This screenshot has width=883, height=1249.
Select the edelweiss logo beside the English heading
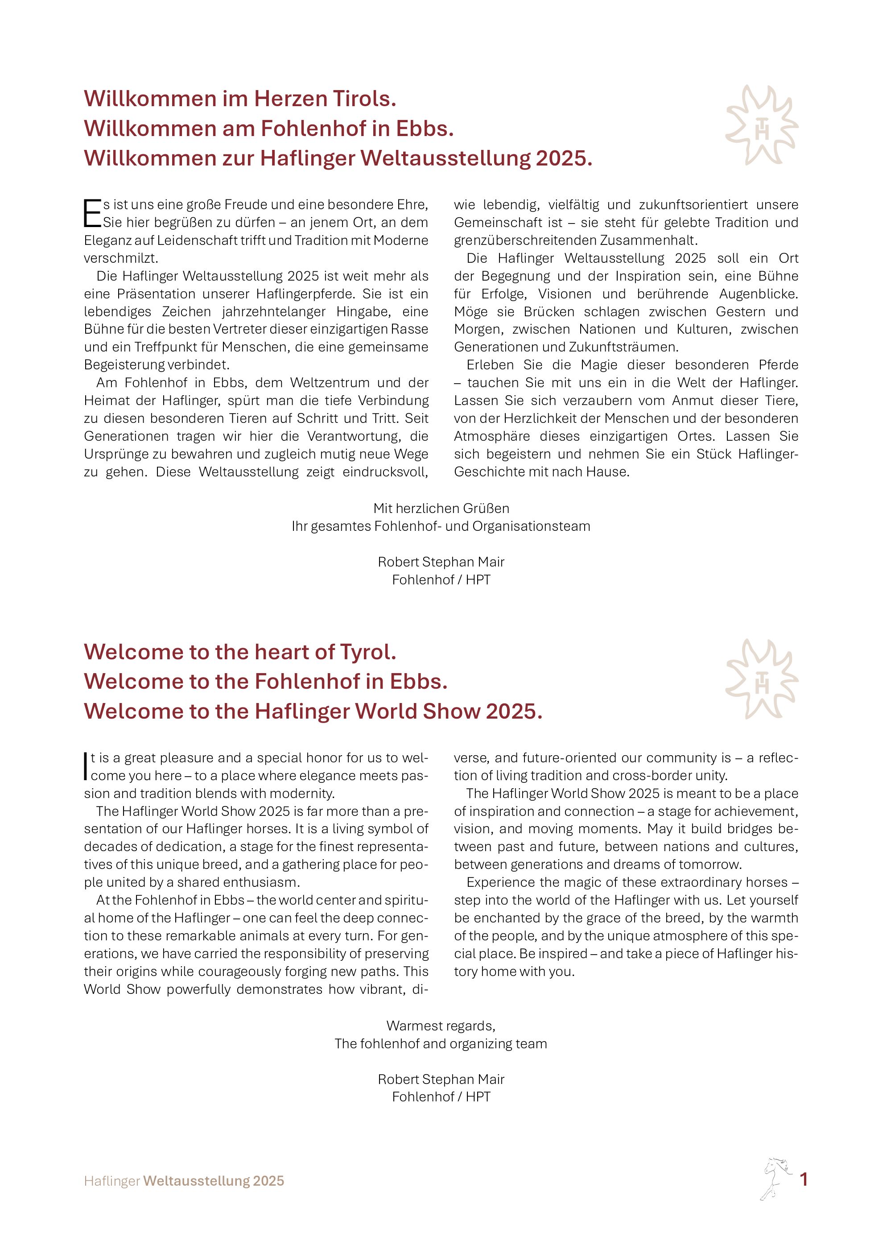pos(762,679)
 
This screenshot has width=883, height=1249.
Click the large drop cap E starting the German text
pos(92,213)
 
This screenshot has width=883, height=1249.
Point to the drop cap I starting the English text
pos(86,766)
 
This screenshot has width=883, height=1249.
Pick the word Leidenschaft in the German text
pos(194,240)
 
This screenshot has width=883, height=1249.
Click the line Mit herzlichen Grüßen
pos(441,509)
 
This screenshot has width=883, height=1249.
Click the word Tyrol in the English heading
pos(367,652)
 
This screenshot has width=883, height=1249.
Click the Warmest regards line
pos(441,1026)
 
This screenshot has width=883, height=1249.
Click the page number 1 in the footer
pos(803,1179)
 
